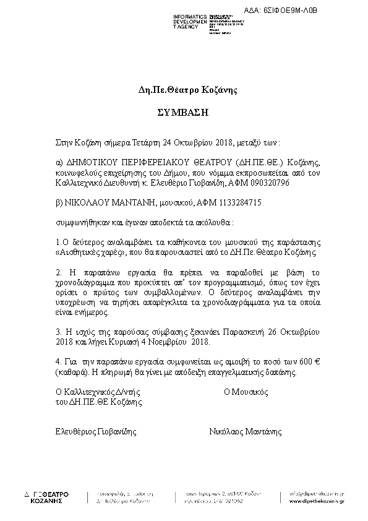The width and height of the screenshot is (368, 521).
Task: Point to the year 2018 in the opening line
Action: pos(220,141)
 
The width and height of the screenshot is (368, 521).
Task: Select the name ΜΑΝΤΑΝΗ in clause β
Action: pos(124,202)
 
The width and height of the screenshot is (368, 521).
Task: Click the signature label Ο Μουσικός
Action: pos(245,392)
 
